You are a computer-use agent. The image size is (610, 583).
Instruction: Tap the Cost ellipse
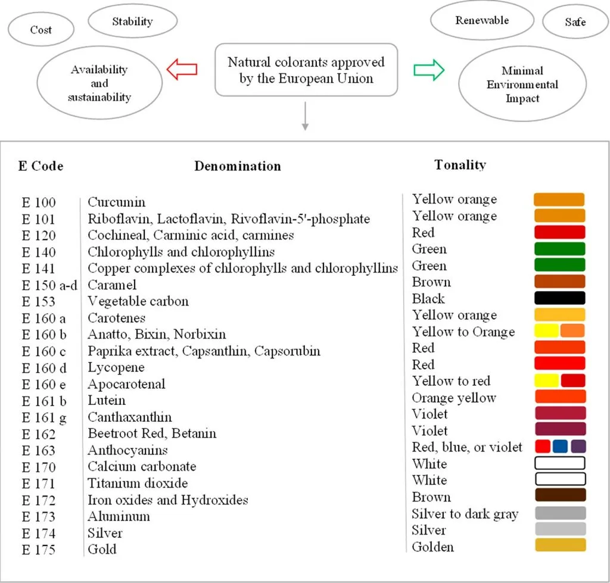[41, 29]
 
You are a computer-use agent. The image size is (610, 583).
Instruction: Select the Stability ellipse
[132, 21]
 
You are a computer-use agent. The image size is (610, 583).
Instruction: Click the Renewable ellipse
[482, 20]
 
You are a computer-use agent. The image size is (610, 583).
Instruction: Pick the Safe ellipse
[575, 22]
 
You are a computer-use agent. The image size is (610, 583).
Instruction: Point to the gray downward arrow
[305, 116]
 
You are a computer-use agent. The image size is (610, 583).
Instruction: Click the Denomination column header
[237, 166]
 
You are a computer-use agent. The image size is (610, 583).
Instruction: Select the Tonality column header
[460, 165]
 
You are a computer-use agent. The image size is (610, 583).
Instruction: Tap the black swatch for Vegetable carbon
[559, 298]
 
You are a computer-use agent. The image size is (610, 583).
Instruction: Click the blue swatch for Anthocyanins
[560, 446]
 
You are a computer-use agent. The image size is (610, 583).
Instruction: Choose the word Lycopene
[116, 367]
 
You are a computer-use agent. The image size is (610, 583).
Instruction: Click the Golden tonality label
[432, 547]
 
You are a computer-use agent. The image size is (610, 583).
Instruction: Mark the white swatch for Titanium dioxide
[559, 479]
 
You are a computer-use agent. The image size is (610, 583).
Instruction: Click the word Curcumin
[117, 202]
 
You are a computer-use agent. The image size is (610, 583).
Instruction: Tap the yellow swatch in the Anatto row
[546, 331]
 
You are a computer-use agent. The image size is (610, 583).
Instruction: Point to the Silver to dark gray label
[465, 513]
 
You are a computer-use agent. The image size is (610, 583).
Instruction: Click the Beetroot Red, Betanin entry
[152, 434]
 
